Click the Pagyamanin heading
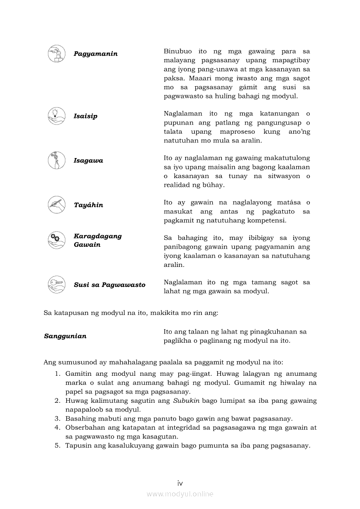click(x=95, y=54)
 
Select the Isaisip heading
click(x=85, y=116)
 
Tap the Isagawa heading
click(x=88, y=161)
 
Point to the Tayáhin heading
click(x=88, y=205)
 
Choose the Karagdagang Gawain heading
click(x=98, y=240)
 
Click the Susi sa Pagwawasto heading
click(x=109, y=285)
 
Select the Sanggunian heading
click(x=65, y=336)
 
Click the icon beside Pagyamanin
click(x=56, y=54)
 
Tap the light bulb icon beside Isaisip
click(x=56, y=116)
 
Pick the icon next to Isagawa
click(x=56, y=160)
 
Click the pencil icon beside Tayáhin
click(x=56, y=205)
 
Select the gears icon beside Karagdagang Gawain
click(x=56, y=240)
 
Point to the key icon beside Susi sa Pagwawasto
click(x=56, y=284)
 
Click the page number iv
click(x=180, y=483)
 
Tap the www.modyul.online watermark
click(x=180, y=494)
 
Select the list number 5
click(x=57, y=445)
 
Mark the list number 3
click(x=57, y=418)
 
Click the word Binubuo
click(x=178, y=51)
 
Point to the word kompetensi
click(x=267, y=220)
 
